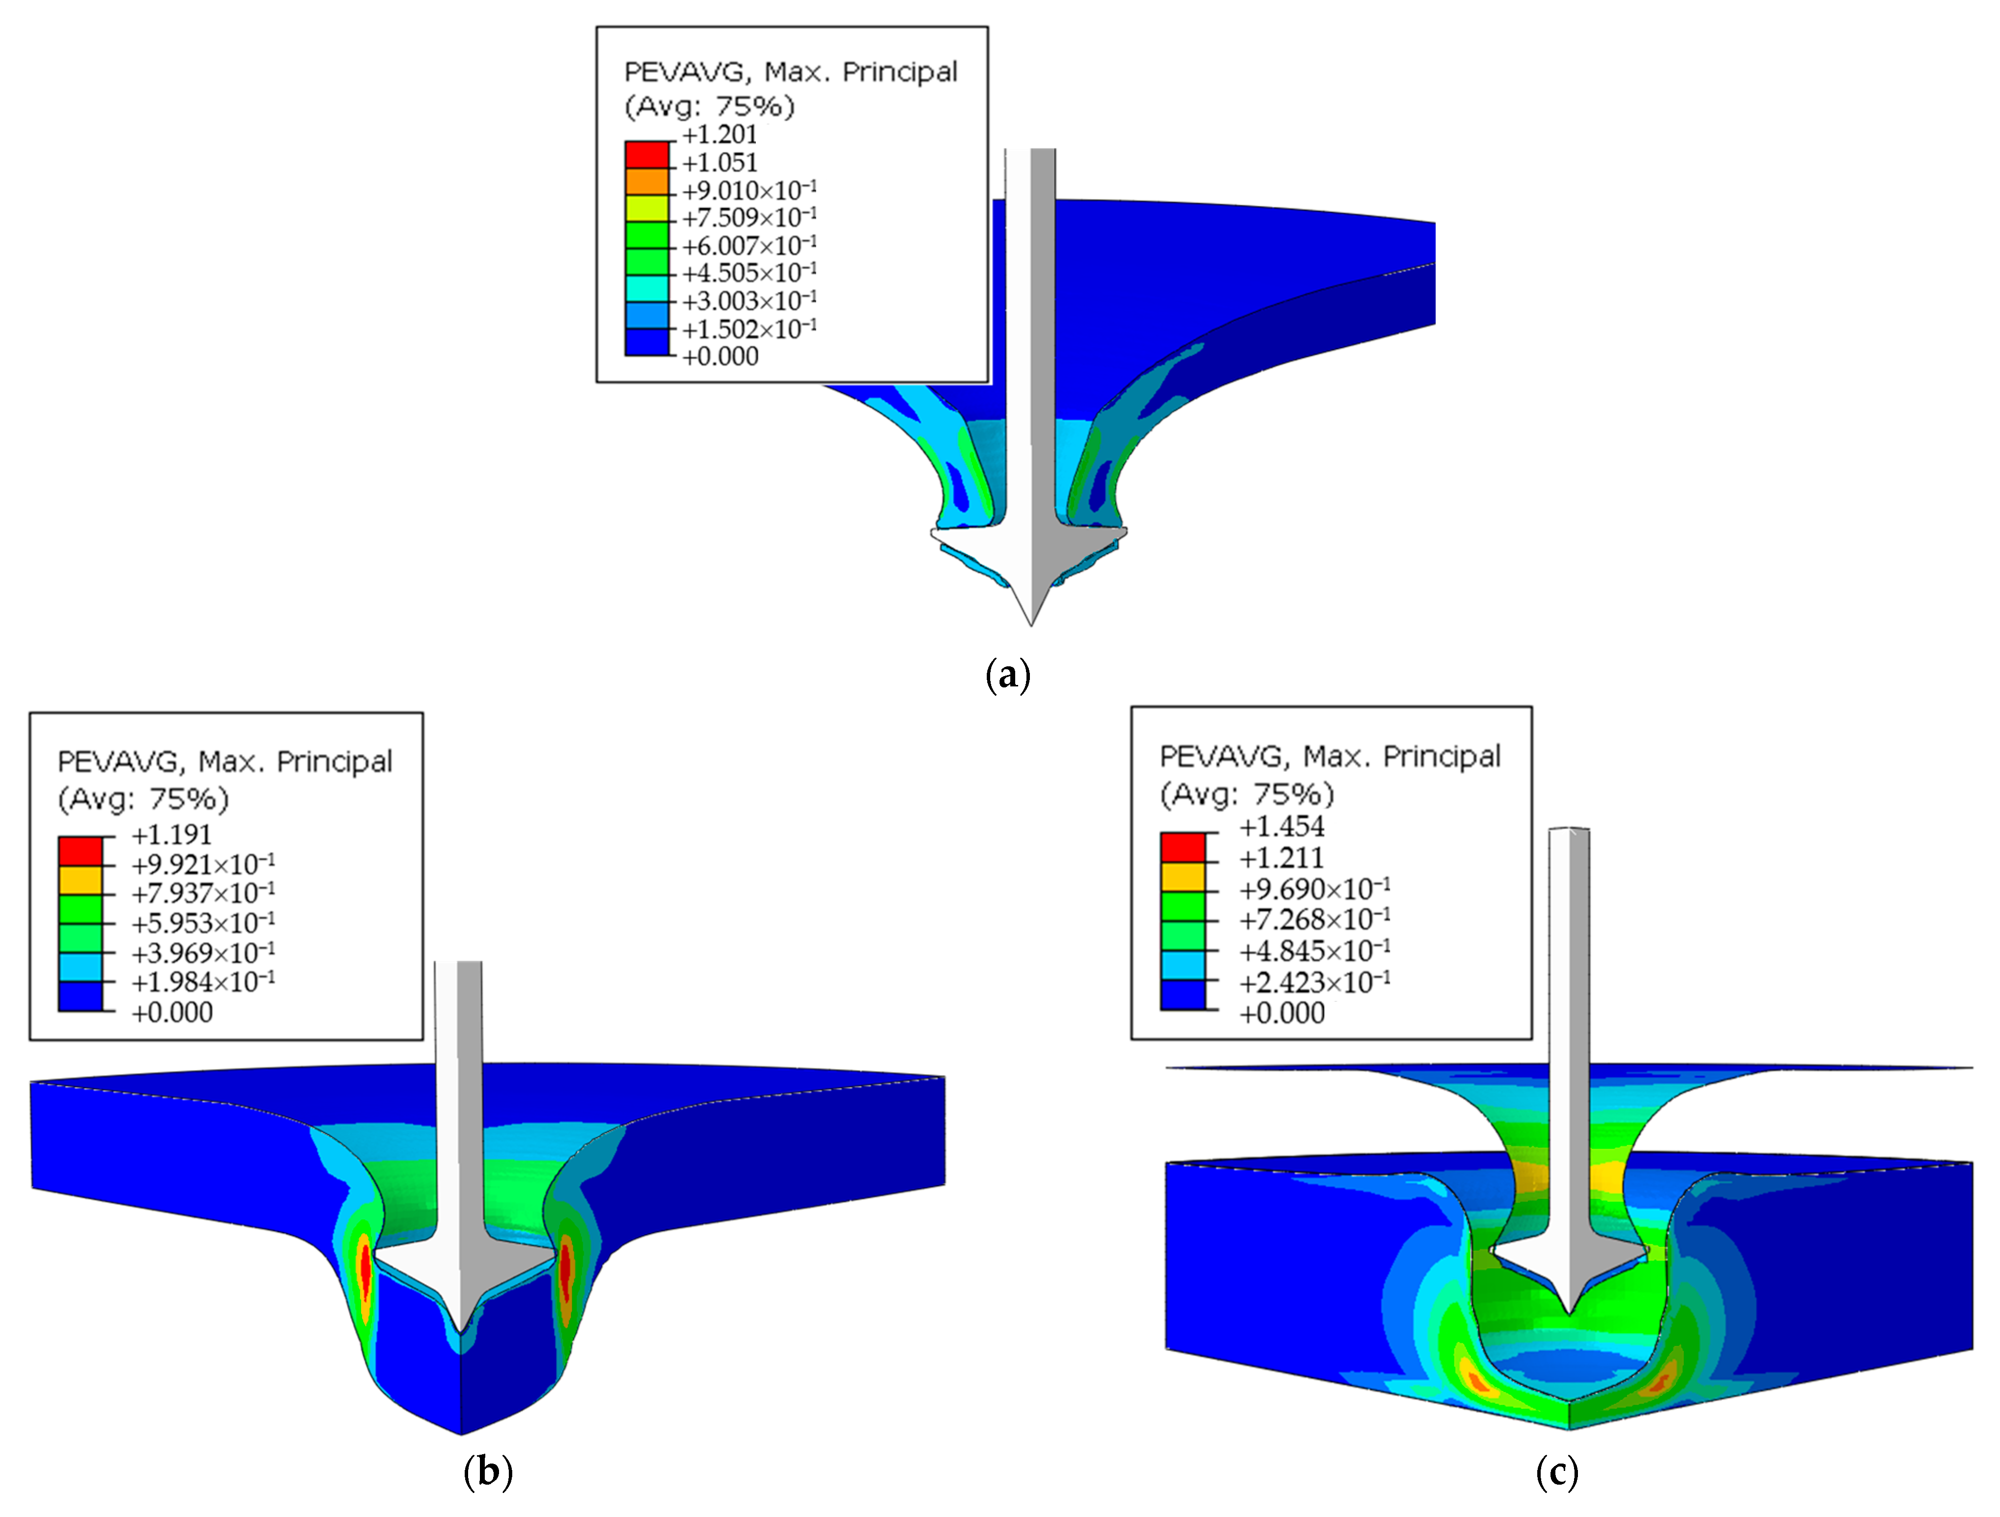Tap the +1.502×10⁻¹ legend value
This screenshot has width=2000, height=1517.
click(750, 329)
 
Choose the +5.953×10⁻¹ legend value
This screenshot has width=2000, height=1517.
click(203, 923)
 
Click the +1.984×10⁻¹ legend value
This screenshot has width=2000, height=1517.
click(203, 982)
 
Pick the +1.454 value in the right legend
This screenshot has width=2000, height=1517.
click(1281, 826)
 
